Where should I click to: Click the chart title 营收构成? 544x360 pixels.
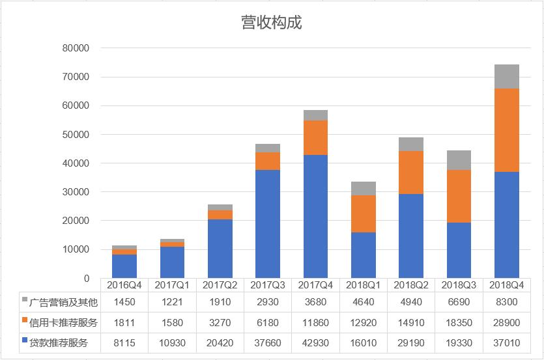271,23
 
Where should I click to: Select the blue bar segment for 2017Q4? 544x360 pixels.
315,216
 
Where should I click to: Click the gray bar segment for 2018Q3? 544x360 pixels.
459,160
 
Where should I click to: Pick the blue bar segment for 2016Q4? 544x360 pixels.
124,266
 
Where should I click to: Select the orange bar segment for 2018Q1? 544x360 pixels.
363,214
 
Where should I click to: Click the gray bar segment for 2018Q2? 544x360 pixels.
411,144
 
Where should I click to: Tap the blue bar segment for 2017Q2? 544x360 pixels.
220,249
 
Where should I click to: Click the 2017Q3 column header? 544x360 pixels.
268,285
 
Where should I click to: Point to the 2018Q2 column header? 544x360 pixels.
411,285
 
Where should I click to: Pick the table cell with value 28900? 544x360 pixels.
506,322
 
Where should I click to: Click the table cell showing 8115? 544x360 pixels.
124,342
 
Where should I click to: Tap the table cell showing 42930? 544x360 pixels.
315,342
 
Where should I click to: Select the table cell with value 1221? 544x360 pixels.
172,301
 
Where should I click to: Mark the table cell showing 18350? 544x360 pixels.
459,322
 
